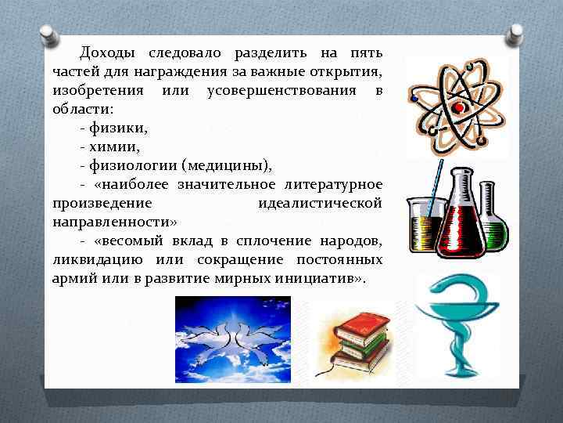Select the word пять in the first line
[364, 53]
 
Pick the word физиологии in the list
[131, 165]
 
